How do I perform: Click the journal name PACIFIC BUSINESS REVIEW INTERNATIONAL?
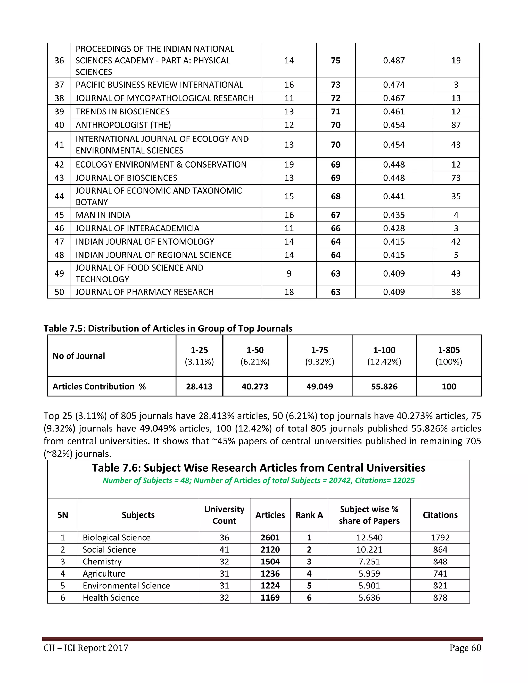[159, 85]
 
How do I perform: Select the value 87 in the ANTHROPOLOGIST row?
[456, 125]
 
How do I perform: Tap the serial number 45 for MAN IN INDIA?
[59, 215]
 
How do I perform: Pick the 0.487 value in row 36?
[394, 60]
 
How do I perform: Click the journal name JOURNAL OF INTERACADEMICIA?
[137, 228]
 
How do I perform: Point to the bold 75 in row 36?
[336, 60]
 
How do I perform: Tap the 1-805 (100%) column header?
[449, 356]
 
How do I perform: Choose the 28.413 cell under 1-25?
[199, 387]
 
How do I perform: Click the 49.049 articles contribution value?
[319, 387]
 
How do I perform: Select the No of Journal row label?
[79, 356]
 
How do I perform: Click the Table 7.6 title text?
[258, 468]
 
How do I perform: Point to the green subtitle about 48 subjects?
[258, 480]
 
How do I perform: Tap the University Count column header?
[224, 515]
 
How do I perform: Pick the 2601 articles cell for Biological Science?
[270, 538]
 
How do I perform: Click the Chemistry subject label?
[102, 562]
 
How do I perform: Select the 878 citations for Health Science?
[440, 598]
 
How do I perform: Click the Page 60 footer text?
[465, 648]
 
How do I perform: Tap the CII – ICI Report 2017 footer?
[86, 648]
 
